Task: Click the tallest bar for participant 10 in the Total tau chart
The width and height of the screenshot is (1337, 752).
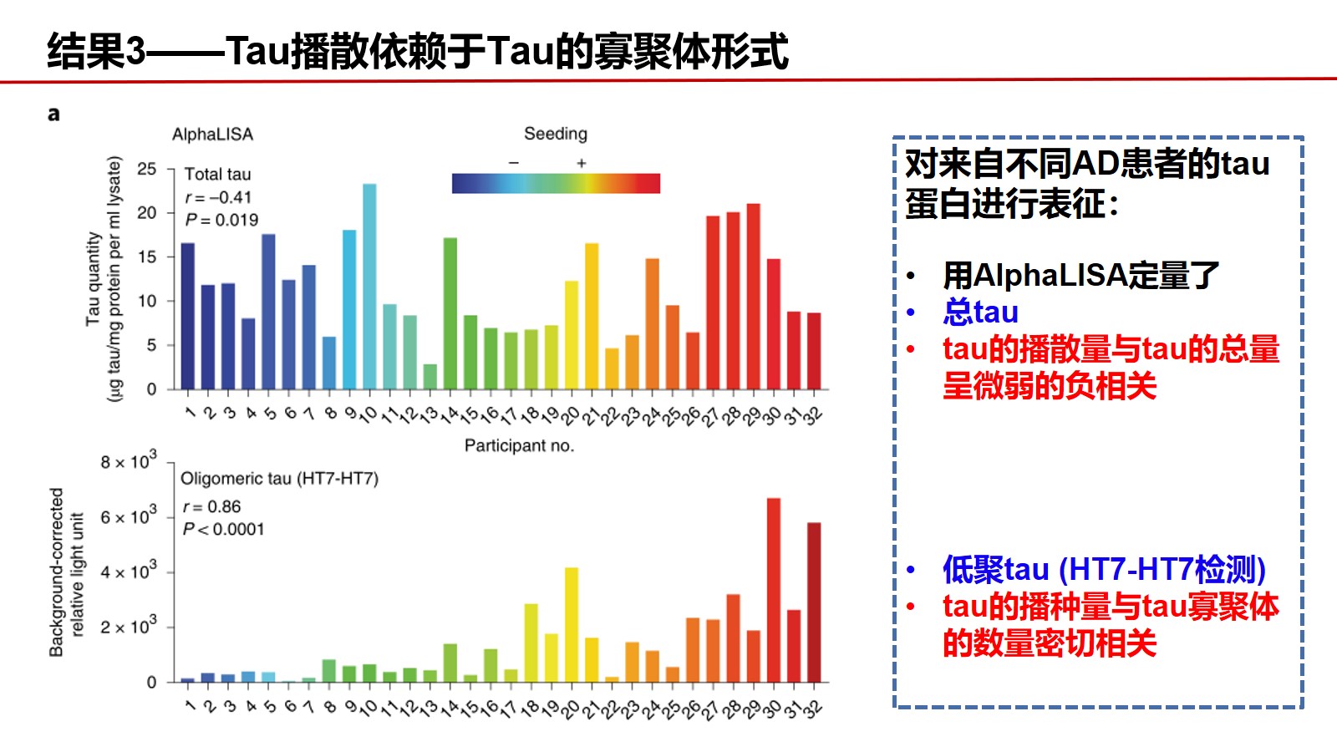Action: (369, 287)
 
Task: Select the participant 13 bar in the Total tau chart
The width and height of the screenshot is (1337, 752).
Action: (430, 377)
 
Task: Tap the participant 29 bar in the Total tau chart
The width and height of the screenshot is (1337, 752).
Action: (753, 297)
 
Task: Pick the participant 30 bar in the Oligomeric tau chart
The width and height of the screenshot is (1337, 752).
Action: (774, 590)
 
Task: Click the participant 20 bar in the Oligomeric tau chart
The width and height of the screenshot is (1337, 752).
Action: (572, 625)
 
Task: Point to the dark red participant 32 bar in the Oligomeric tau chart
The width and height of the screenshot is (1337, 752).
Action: (814, 602)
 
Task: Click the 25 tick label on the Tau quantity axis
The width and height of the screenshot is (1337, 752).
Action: (147, 169)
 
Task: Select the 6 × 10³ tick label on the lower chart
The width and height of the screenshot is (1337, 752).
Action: (129, 515)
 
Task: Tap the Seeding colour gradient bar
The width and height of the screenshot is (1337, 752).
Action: (556, 183)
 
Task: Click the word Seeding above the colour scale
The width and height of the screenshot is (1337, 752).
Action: (556, 135)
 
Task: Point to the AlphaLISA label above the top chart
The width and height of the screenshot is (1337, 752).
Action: (212, 135)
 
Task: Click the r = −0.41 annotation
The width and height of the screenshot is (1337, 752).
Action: (218, 197)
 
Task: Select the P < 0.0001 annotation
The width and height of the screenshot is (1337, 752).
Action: (223, 529)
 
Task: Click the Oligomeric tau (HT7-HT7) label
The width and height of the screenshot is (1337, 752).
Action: (279, 479)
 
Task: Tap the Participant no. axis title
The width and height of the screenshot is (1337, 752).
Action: (519, 446)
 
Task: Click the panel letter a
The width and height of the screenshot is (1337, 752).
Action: (53, 114)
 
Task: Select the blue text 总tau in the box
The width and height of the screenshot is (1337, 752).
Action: (981, 312)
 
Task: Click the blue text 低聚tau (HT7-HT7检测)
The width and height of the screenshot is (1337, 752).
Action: (1104, 569)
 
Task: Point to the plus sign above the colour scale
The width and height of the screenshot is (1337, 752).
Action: (582, 163)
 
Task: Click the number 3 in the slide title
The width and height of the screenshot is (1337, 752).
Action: (136, 51)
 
